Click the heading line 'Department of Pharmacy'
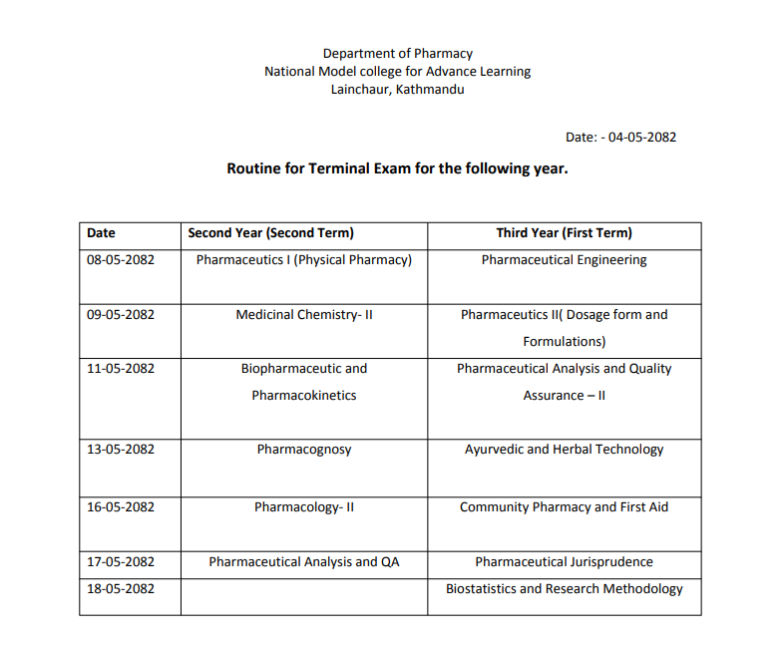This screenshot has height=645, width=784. point(397,53)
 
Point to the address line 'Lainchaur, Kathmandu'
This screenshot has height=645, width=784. point(397,89)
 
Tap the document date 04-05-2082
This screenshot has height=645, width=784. point(642,137)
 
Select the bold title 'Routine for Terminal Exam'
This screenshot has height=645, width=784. point(397,168)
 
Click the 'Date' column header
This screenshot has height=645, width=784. point(101,233)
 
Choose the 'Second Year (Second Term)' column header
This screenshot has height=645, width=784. point(270,233)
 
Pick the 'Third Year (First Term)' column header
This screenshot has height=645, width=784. point(564,233)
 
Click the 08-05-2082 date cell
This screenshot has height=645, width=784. point(121,260)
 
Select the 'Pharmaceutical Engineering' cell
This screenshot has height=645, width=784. point(564,260)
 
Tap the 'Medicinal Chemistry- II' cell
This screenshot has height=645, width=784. point(303,315)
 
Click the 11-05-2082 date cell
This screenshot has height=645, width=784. point(121,369)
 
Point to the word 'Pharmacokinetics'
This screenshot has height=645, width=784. point(303,396)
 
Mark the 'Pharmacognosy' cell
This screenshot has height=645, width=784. point(303,450)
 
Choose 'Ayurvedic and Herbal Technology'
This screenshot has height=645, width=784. point(564,450)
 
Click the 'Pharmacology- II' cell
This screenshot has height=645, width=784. point(303,507)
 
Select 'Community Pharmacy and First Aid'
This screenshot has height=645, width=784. point(564,507)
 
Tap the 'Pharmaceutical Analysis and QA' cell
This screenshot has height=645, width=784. point(303,562)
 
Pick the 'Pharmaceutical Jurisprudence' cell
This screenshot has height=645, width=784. point(564,562)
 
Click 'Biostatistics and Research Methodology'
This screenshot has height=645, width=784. point(564,589)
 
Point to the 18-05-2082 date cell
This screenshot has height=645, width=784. point(121,589)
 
